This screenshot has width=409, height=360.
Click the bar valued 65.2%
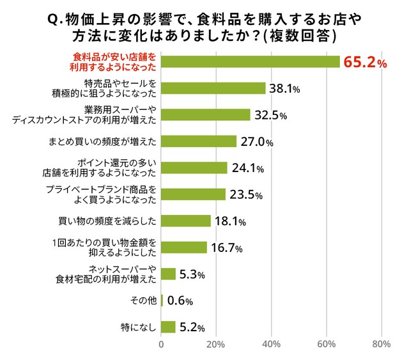[250, 61]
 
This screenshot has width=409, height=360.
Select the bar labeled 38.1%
[213, 88]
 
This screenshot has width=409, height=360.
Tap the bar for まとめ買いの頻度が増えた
[199, 141]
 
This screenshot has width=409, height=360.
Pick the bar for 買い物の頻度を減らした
[186, 221]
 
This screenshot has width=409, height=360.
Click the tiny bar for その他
[162, 300]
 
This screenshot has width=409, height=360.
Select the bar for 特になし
[168, 327]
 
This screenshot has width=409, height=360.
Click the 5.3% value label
[191, 274]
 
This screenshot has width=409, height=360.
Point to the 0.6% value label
[180, 301]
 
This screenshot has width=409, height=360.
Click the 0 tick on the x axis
[161, 346]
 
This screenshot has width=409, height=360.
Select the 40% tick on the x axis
[272, 346]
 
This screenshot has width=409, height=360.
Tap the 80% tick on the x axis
[382, 346]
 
